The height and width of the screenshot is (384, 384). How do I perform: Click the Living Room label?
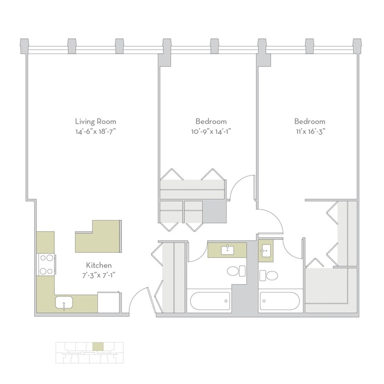96,121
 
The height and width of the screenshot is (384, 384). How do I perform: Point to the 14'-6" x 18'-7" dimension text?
96,132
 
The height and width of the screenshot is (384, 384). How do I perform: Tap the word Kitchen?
99,265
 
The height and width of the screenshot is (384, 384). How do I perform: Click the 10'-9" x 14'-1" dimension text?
211,132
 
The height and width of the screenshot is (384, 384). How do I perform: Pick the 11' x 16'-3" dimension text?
309,132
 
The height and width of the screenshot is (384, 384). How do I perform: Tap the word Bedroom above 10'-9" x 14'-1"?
211,121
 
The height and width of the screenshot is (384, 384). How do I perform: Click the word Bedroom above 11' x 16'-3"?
309,121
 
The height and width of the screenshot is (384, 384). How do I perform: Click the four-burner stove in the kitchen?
46,264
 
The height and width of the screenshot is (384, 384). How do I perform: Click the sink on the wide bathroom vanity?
227,250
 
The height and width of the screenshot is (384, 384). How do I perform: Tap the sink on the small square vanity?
266,250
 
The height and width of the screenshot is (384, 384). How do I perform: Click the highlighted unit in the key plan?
98,347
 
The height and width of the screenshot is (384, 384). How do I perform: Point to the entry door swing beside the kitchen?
138,298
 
